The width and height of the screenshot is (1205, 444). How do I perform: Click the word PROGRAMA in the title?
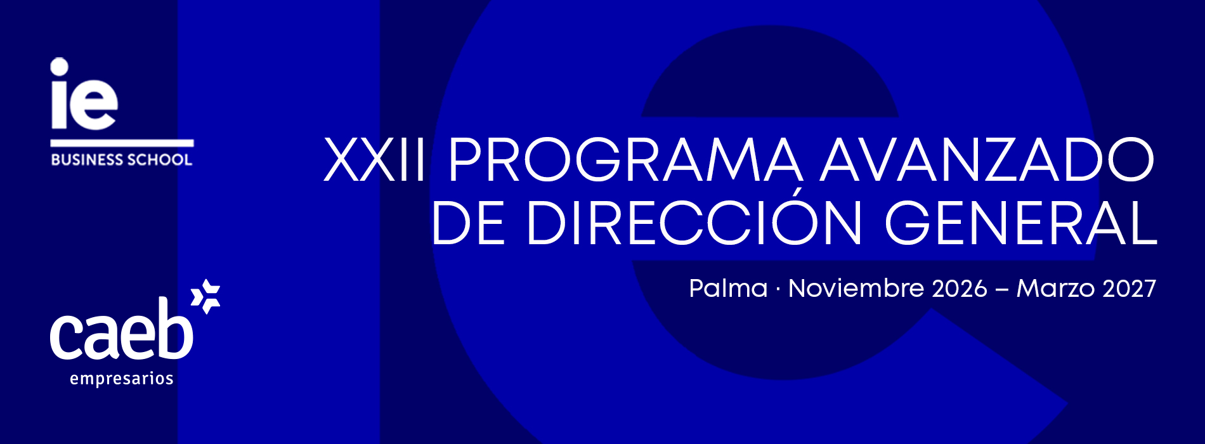(x=625, y=160)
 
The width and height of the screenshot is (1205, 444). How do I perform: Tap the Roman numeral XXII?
(x=374, y=160)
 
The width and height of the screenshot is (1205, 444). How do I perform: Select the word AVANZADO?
(x=987, y=160)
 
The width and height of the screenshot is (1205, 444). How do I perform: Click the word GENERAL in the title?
(x=1021, y=223)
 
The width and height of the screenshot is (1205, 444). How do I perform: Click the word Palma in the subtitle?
(x=728, y=289)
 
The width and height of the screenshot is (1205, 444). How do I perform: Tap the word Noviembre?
(x=856, y=289)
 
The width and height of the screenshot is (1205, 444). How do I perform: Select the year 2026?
(x=960, y=289)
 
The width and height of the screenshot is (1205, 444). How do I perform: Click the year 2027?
(x=1130, y=289)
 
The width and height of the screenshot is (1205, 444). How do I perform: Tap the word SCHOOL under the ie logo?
(x=158, y=160)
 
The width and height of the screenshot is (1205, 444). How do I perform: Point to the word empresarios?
(x=122, y=379)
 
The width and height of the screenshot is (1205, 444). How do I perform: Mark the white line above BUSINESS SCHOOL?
(x=122, y=143)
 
